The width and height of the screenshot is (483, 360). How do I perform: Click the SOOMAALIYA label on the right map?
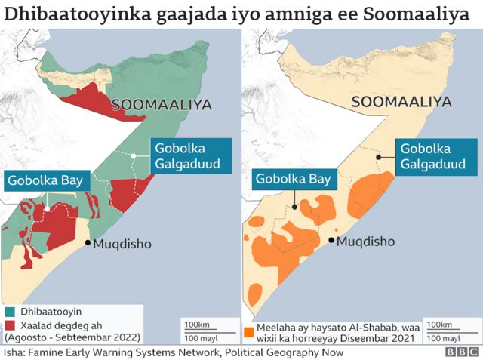(402, 102)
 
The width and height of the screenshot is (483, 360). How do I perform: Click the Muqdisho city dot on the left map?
(88, 243)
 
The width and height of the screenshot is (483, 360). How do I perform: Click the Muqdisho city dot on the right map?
(332, 241)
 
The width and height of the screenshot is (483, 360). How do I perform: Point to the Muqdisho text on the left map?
(122, 244)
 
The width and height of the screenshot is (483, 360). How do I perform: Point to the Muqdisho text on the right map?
(366, 242)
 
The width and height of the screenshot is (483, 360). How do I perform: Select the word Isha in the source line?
(13, 352)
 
